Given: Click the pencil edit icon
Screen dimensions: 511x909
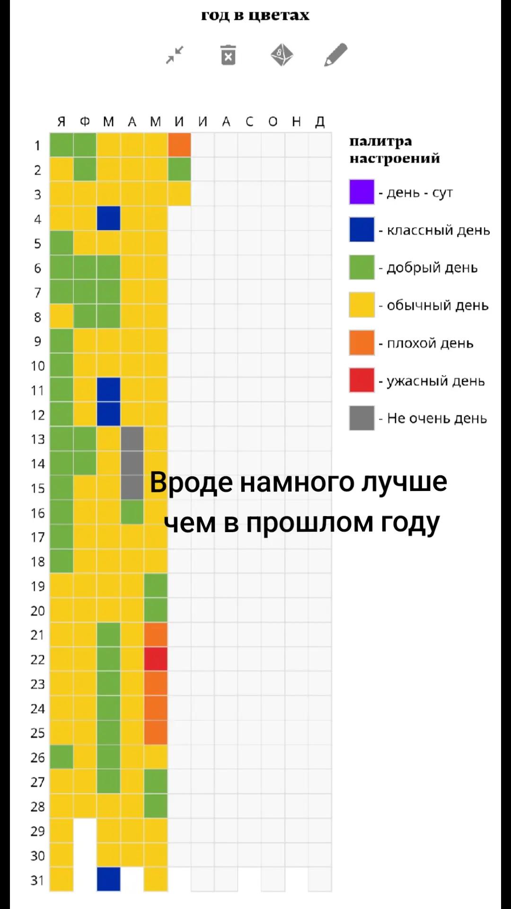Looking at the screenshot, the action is [x=336, y=54].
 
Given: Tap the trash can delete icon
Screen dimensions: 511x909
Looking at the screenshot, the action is [x=228, y=55].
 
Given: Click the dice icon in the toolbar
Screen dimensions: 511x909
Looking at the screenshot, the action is [x=282, y=54].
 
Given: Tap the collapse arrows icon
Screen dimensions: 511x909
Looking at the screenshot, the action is [x=175, y=55].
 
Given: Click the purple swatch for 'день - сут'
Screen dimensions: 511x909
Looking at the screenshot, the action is [x=361, y=192].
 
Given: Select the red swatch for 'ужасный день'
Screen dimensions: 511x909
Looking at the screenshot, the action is [x=361, y=380].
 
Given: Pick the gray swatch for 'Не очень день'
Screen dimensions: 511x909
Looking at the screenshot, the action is [x=361, y=418].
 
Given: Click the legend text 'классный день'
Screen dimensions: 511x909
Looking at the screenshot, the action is [x=438, y=230].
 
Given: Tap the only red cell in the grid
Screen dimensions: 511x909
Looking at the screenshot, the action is [x=156, y=659].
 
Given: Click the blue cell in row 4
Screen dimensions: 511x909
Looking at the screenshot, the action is [x=108, y=218].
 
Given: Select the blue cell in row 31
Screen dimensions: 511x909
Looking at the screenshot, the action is [x=108, y=879].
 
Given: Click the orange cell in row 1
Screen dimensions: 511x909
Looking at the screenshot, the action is [x=179, y=145].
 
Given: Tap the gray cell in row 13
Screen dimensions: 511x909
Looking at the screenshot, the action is [x=132, y=439].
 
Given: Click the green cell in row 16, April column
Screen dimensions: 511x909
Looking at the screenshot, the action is [x=132, y=512].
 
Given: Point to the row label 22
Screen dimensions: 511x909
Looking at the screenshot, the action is [x=38, y=659].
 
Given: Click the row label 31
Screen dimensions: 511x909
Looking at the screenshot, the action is [x=37, y=880].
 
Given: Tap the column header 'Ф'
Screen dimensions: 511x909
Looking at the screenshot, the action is [x=85, y=122].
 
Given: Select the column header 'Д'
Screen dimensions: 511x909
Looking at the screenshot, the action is [x=320, y=122].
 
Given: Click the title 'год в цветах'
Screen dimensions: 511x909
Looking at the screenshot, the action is [x=255, y=15].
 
